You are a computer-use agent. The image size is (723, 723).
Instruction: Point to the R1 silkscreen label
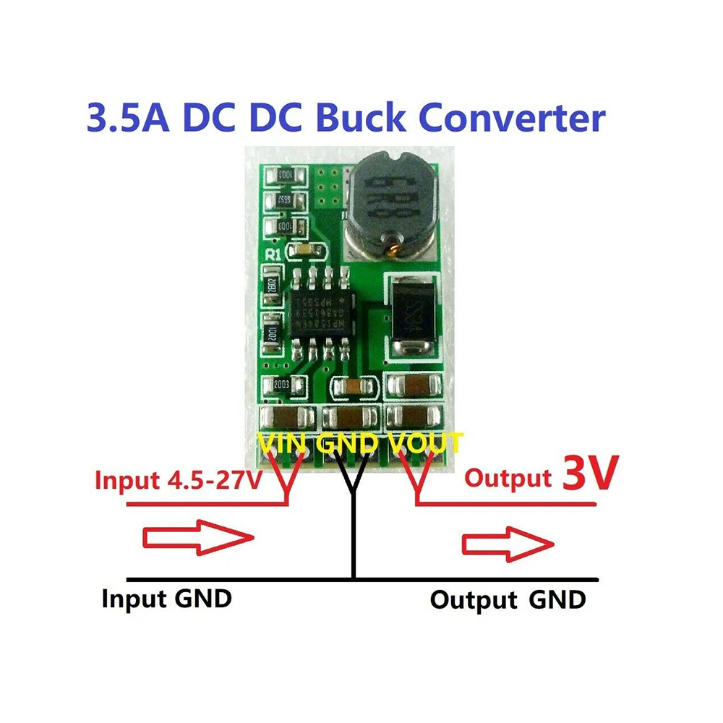click(x=275, y=254)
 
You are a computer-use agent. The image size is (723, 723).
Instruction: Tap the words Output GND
click(x=508, y=600)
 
